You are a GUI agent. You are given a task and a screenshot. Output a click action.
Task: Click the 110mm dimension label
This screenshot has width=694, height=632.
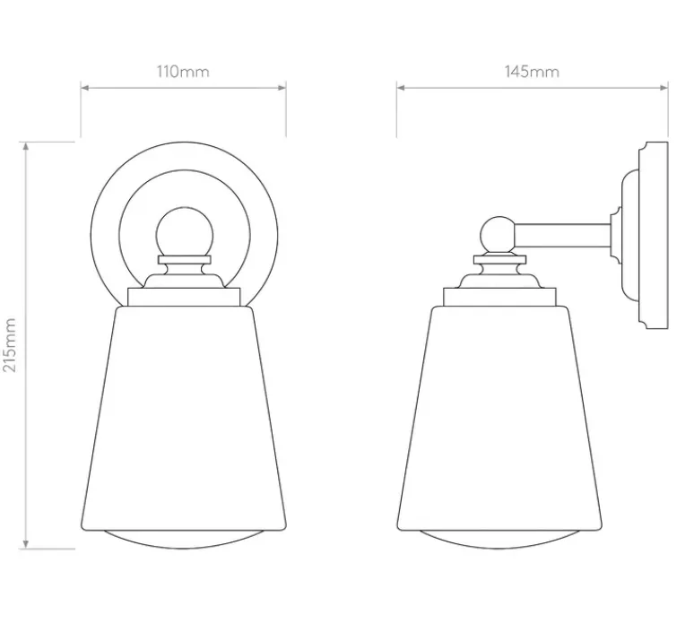click(x=183, y=72)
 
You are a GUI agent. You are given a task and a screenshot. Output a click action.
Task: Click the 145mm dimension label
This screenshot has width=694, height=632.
click(x=532, y=72)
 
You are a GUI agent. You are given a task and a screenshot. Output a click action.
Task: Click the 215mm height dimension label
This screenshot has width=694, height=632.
click(x=10, y=345)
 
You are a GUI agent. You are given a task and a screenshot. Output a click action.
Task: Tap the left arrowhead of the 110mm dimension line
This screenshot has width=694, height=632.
click(x=85, y=88)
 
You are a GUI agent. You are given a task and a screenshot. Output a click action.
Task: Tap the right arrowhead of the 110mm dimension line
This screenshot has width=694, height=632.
click(x=282, y=88)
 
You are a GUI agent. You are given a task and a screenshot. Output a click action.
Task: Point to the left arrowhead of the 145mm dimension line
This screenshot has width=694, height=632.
click(x=401, y=88)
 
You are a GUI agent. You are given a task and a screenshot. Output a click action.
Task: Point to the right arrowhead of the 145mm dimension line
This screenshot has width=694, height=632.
click(x=664, y=88)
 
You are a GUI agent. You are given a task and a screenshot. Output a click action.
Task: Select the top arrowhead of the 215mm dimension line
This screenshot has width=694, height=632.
click(x=26, y=147)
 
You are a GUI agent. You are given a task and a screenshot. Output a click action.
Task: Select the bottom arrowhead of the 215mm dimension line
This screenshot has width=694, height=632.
click(x=26, y=544)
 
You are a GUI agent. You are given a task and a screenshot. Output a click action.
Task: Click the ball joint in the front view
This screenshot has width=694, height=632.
click(x=185, y=232)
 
